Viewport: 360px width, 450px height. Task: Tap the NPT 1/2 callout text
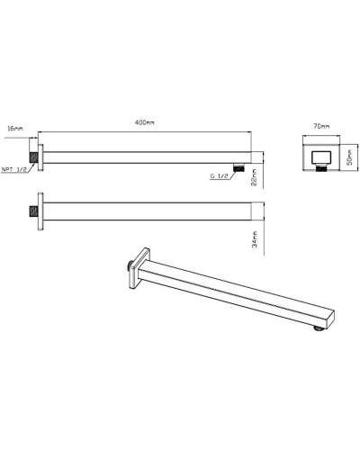pos(17,167)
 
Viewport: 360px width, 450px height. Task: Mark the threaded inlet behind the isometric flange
pos(130,268)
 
